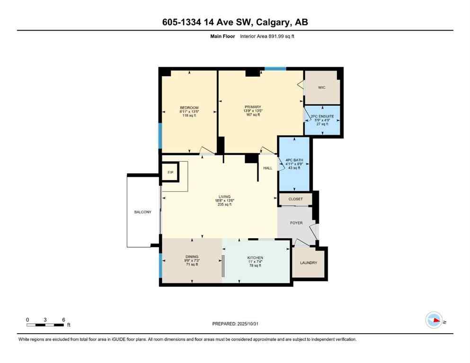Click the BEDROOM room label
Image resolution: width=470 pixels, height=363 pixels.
point(189,108)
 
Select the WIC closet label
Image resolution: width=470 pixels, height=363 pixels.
point(322,87)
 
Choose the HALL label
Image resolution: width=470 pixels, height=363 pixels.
point(268,168)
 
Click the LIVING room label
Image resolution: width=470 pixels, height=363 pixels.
point(224,197)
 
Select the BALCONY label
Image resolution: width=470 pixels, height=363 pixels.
point(142,212)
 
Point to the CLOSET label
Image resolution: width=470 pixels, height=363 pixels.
point(295,199)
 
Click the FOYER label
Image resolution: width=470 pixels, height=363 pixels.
point(296,223)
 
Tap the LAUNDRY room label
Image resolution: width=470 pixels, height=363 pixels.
point(308,263)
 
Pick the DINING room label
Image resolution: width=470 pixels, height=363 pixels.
point(192,257)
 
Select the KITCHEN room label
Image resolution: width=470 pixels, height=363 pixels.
point(255,258)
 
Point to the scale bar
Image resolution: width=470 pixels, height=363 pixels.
point(45,325)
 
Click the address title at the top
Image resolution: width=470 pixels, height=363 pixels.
point(235,22)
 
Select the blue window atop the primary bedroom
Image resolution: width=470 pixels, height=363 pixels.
point(275,69)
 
